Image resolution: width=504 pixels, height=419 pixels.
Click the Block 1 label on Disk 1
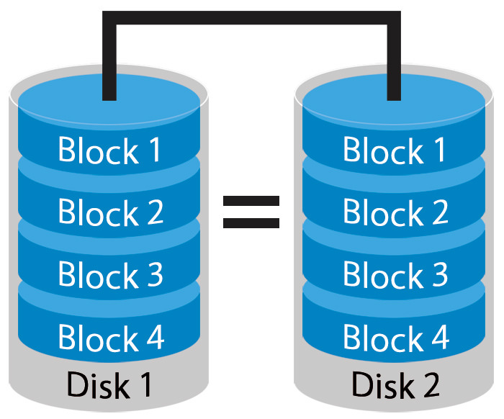[109, 151]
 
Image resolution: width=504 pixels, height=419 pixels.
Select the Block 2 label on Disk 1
[109, 213]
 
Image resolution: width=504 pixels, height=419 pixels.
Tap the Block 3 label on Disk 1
[109, 275]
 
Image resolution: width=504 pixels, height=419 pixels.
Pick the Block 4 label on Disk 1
[109, 338]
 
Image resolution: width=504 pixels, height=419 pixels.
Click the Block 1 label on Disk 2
[395, 151]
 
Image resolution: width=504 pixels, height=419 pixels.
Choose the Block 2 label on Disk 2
[395, 213]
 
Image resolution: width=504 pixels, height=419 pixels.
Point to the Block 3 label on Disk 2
[395, 275]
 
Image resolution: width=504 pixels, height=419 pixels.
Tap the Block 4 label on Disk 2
[395, 338]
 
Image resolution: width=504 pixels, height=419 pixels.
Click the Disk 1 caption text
[109, 385]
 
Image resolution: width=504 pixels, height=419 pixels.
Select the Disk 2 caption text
[395, 385]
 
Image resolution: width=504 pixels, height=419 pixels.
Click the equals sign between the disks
[251, 212]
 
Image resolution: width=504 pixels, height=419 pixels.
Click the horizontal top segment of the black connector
[251, 18]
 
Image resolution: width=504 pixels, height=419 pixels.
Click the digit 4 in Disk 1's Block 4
[154, 338]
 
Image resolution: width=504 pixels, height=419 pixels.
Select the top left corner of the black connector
[109, 18]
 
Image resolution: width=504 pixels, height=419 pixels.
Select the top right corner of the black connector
[394, 18]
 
